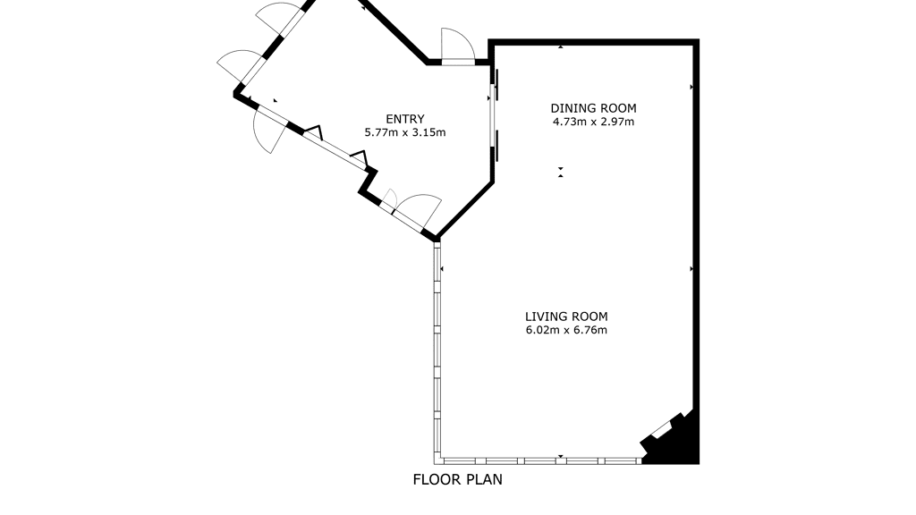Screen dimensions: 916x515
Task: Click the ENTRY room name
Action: point(405,119)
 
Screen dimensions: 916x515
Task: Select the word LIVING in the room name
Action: point(546,317)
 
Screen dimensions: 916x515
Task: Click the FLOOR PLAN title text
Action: point(457,479)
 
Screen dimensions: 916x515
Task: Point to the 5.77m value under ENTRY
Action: point(380,132)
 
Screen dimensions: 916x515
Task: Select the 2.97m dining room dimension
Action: point(618,122)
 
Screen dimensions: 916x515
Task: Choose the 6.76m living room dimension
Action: point(591,331)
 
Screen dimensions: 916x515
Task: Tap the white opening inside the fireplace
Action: point(661,430)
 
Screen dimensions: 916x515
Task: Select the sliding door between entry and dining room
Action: point(494,114)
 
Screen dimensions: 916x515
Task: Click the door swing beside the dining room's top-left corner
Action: point(456,44)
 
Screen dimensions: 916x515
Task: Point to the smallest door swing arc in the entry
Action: point(391,198)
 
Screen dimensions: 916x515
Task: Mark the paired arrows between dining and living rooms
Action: point(560,173)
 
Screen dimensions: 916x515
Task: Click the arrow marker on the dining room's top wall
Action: point(560,46)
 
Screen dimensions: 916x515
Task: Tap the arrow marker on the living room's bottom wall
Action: point(560,456)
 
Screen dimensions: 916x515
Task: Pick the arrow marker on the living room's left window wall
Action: point(442,268)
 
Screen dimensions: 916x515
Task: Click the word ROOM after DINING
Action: point(617,108)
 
